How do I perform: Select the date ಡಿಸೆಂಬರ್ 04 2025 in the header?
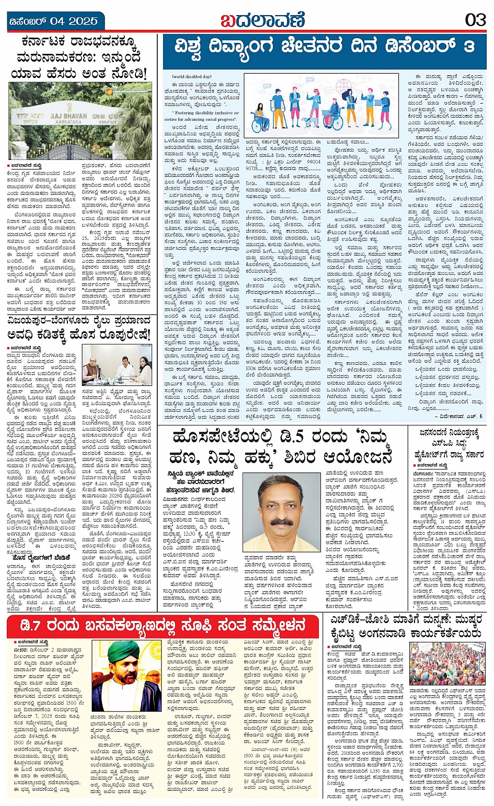coord(54,21)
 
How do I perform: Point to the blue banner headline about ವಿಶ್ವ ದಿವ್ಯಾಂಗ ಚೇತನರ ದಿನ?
coord(325,48)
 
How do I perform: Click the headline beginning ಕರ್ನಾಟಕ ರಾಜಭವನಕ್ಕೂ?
coord(81,57)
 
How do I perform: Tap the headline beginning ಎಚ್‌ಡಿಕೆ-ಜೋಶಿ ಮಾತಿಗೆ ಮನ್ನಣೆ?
coord(405,627)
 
